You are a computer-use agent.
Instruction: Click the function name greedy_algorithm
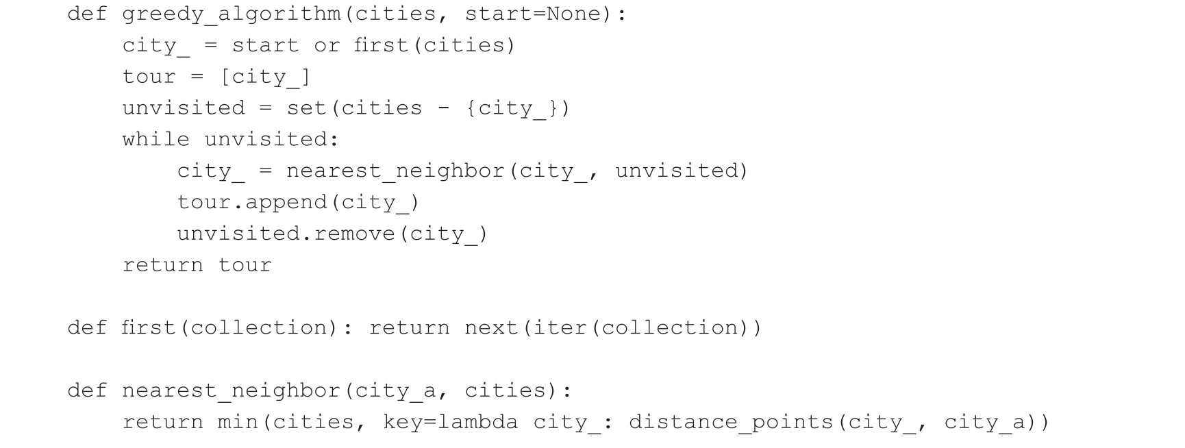click(231, 14)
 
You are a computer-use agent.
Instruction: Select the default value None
click(573, 14)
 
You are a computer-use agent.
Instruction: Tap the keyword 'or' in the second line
click(327, 46)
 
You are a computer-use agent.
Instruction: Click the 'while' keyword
click(155, 140)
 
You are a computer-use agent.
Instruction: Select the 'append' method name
click(286, 203)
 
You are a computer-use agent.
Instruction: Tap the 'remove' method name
click(354, 234)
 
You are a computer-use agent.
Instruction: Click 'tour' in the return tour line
click(245, 266)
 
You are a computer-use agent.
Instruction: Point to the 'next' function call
click(491, 328)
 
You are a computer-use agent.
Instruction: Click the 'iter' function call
click(560, 328)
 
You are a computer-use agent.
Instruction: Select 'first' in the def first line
click(149, 328)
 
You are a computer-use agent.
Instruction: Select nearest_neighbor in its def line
click(231, 391)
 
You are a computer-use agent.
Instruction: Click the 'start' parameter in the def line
click(498, 14)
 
